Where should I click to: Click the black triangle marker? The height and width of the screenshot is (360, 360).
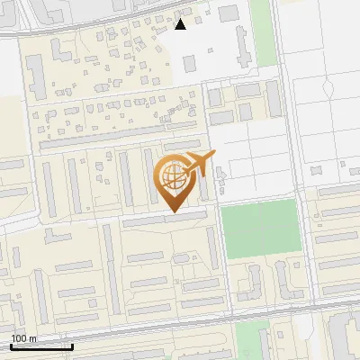tap(180, 24)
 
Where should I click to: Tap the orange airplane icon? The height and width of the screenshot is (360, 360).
tap(199, 165)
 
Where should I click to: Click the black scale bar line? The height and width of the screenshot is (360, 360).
tap(41, 346)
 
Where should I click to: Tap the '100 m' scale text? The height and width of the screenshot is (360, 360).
tap(23, 338)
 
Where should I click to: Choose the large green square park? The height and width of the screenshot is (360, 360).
tap(259, 229)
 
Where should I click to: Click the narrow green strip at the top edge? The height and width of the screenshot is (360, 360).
tap(262, 31)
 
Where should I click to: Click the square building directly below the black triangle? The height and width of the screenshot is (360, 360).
tap(190, 64)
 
